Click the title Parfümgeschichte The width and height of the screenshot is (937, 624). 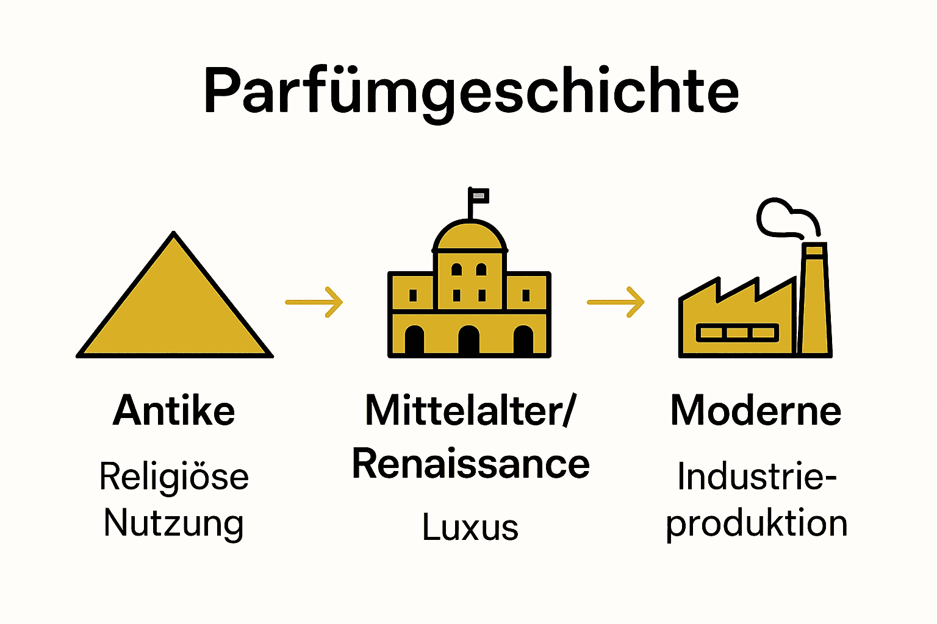(471, 91)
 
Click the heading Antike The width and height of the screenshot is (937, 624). (174, 411)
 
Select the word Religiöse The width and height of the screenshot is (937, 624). (174, 477)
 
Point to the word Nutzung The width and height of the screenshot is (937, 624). (174, 523)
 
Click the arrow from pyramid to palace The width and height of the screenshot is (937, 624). (314, 302)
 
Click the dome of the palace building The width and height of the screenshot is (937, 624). (470, 238)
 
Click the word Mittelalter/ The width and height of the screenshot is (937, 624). (470, 411)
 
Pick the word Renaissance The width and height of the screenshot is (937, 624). (470, 464)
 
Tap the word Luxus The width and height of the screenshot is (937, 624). (470, 527)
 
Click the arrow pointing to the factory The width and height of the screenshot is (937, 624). (616, 302)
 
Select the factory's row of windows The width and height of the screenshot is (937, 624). (737, 333)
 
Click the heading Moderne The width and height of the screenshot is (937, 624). (756, 411)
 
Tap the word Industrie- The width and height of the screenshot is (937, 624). (756, 477)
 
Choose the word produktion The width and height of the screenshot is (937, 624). (756, 523)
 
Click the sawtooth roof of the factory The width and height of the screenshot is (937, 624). (738, 291)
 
